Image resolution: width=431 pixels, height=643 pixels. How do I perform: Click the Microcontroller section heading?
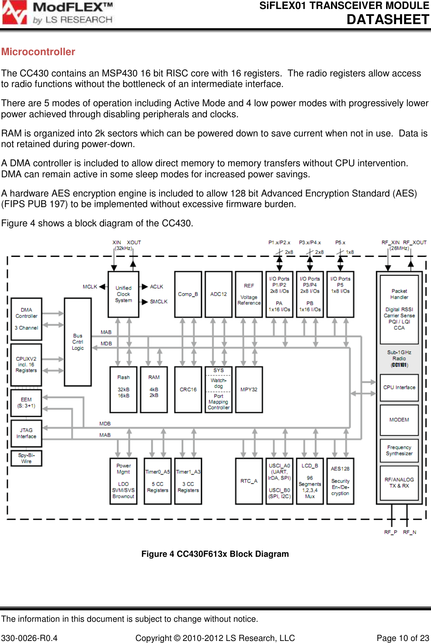click(38, 52)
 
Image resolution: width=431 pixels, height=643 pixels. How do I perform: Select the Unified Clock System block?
click(123, 294)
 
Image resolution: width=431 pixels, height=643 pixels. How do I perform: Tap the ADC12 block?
click(218, 294)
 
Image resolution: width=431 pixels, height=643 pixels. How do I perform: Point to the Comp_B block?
click(188, 294)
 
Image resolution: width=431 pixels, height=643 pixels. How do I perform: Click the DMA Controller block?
click(27, 319)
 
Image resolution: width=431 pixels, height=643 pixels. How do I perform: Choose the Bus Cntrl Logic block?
click(78, 342)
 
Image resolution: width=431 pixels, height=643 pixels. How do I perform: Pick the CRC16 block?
click(188, 389)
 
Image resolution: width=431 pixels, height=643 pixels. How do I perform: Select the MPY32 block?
click(249, 389)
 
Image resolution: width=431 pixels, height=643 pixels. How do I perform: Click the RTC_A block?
click(249, 481)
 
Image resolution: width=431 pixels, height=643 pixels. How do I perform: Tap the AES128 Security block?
click(340, 481)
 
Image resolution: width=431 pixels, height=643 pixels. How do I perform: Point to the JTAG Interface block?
click(27, 433)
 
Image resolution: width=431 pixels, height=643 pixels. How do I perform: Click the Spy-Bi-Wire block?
click(27, 458)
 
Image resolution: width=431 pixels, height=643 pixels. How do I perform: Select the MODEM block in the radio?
click(399, 420)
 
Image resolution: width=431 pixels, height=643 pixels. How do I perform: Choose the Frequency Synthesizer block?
click(399, 451)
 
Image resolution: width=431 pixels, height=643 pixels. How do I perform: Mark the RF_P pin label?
click(391, 532)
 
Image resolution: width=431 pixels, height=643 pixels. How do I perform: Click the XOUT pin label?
click(134, 243)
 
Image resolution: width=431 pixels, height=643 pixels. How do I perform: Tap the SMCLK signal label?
click(159, 302)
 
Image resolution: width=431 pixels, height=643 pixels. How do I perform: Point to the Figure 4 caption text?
click(215, 554)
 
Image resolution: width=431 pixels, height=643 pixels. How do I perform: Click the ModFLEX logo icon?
click(15, 12)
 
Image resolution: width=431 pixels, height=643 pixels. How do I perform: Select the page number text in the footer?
click(403, 638)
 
